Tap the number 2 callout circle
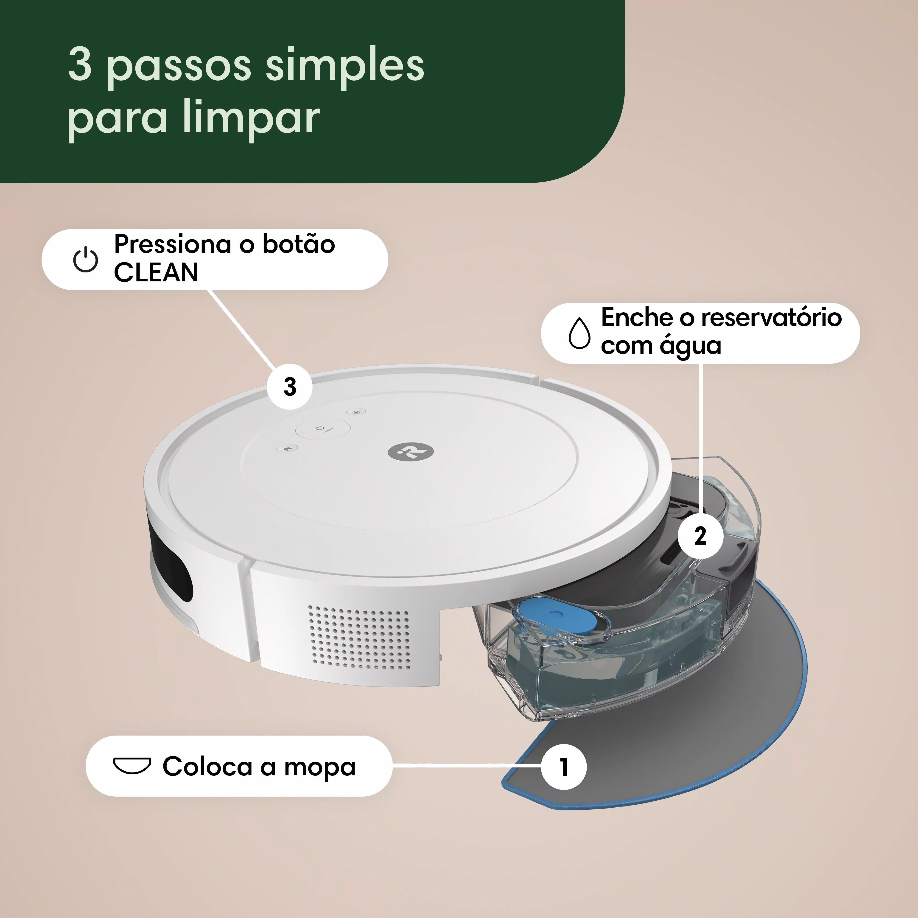click(700, 536)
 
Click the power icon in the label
click(86, 259)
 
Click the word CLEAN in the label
click(156, 273)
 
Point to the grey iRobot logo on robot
click(411, 451)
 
